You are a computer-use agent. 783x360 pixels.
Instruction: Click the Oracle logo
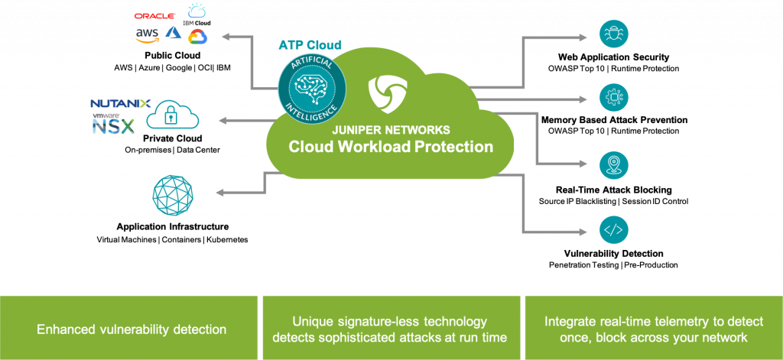point(155,15)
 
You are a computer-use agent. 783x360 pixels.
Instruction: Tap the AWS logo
point(148,35)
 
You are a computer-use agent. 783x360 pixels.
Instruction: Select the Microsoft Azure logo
point(174,33)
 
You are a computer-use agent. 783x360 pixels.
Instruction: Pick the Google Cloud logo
point(197,36)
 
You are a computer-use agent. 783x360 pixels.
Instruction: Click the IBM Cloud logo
point(197,11)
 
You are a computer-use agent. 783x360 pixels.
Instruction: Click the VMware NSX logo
point(113,125)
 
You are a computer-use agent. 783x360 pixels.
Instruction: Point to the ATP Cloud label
point(310,45)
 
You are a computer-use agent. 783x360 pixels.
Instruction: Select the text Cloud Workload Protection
point(391,147)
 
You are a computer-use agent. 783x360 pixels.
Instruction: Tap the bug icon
point(614,34)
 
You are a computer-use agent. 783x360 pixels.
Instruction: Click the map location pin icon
point(614,165)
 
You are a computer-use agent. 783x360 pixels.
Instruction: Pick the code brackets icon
point(614,229)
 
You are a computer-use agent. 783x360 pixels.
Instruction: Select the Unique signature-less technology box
point(390,329)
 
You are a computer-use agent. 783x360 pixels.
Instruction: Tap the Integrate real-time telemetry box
point(653,329)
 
